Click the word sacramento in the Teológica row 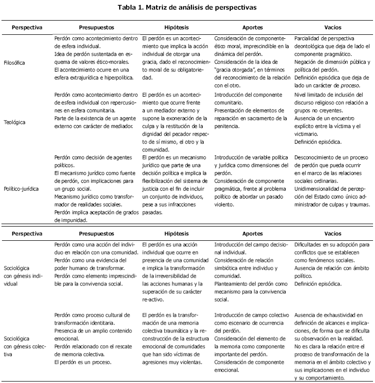259,119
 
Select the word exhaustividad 339,315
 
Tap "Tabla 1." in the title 131,8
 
